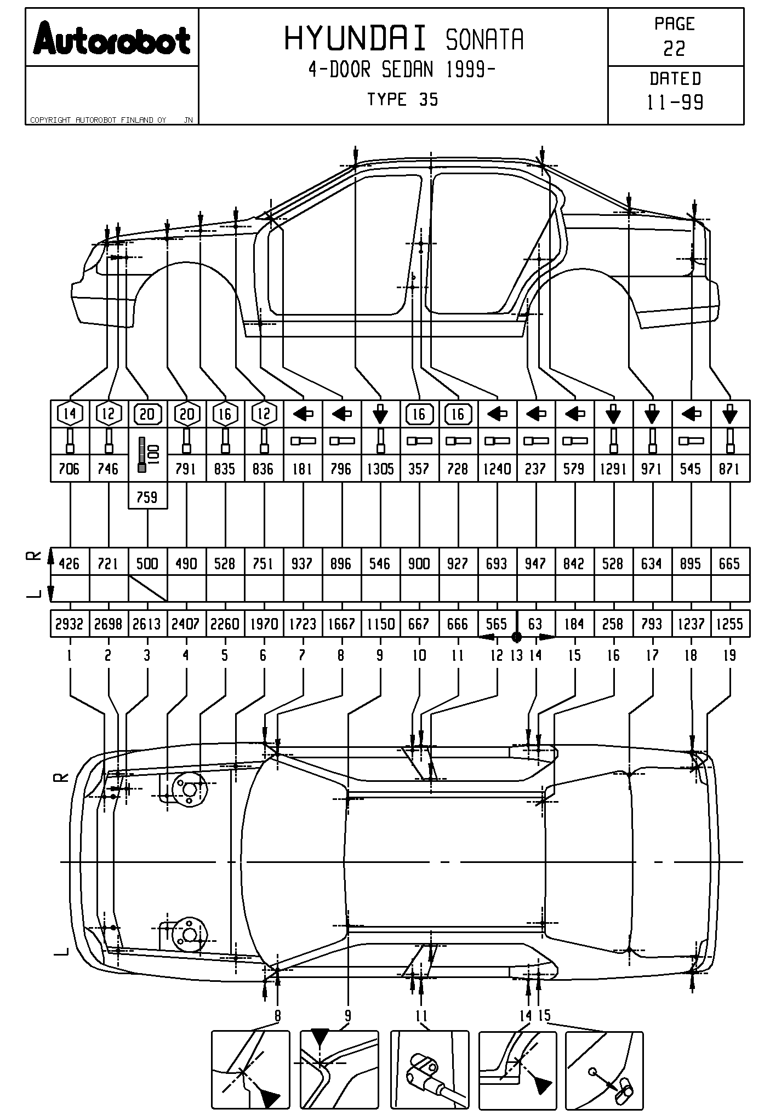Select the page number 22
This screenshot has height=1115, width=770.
pos(674,49)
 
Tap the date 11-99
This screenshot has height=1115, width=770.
pos(675,102)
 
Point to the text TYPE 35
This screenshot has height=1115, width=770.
pos(402,100)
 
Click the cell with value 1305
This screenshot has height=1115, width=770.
pos(380,469)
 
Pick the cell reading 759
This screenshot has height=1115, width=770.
pos(147,497)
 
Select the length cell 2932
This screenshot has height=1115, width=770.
pos(70,624)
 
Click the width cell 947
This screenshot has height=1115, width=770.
pos(535,564)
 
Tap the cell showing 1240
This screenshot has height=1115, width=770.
pos(497,469)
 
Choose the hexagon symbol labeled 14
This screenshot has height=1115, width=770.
pos(70,414)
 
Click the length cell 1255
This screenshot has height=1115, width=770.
pos(729,624)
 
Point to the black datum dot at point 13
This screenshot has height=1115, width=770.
pos(516,637)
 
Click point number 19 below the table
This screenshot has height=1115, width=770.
pos(729,655)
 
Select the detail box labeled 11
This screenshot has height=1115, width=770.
pos(429,1070)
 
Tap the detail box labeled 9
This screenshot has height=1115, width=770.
pos(339,1070)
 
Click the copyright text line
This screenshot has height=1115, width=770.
pos(99,120)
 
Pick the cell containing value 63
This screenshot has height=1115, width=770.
pos(535,624)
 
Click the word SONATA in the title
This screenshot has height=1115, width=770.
pos(484,40)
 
